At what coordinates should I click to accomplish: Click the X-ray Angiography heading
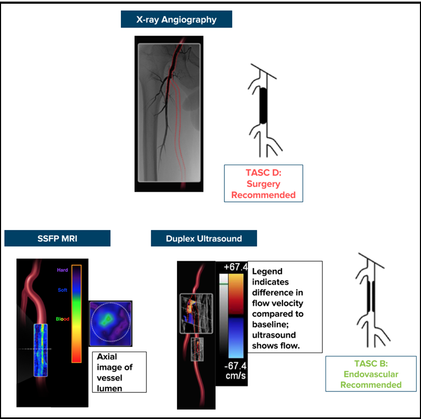pos(176,20)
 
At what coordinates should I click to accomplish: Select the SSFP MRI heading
pos(57,238)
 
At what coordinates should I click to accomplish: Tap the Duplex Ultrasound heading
pos(204,238)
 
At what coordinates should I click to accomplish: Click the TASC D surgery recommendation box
pos(263,183)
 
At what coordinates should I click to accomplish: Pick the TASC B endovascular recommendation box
pos(371,373)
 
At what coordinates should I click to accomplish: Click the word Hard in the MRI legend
pos(63,270)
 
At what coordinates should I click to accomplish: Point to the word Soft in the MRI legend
pos(63,290)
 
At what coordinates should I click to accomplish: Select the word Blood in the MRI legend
pos(63,319)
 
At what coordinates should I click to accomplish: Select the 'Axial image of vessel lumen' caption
pos(119,372)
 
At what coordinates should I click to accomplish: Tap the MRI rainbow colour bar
pos(77,313)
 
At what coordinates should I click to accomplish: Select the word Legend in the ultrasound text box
pos(267,272)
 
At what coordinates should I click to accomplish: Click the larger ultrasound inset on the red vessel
pos(196,313)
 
